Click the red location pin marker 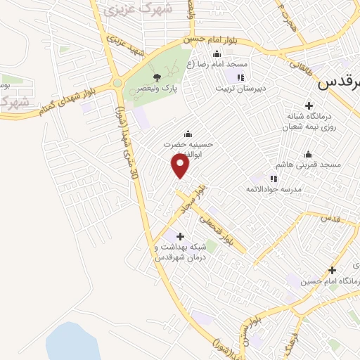coord(181,166)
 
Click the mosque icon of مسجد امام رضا coord(216,54)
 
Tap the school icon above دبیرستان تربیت coord(241,78)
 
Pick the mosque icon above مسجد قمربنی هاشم coord(307,155)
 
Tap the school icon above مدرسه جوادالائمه coord(274,179)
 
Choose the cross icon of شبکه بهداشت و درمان coord(181,236)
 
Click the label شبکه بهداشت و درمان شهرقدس coord(181,252)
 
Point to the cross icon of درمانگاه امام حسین coord(332,269)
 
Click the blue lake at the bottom coord(72,342)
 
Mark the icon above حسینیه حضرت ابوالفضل coord(188,134)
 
